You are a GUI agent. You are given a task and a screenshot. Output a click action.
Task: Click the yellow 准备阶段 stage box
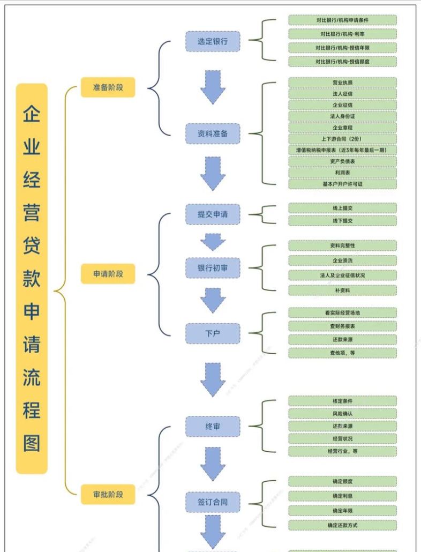[x=108, y=87]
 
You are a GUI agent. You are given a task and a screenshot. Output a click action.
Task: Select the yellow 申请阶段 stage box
[x=108, y=274]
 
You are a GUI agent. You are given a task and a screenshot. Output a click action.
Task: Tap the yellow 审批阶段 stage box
[x=108, y=494]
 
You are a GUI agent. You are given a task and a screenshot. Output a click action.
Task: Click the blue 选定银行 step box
[x=213, y=41]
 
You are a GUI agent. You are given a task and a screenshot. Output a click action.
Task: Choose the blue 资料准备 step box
[x=213, y=133]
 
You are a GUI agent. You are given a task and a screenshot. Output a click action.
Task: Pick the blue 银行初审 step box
[x=213, y=267]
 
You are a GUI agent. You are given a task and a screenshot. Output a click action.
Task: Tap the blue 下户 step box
[x=213, y=333]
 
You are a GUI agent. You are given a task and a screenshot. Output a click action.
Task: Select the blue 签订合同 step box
[x=213, y=502]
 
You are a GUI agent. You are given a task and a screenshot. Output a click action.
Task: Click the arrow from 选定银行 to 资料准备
[x=213, y=87]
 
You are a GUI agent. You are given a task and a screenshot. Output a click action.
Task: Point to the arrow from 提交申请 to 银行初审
[x=213, y=242]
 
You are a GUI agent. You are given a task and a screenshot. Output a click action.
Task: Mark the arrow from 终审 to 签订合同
[x=213, y=464]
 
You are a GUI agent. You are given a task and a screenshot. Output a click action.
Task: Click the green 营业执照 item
[x=342, y=83]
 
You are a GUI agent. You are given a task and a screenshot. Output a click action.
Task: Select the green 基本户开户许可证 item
[x=342, y=184]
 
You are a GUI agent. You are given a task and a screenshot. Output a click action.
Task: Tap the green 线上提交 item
[x=342, y=208]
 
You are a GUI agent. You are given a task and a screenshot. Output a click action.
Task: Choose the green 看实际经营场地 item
[x=342, y=312]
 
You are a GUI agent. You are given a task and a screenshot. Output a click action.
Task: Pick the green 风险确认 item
[x=342, y=414]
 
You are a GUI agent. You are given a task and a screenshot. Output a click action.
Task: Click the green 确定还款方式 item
[x=342, y=525]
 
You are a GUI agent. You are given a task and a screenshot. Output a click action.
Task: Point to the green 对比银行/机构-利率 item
[x=342, y=34]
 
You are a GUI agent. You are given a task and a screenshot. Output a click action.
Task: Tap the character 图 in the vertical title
[x=32, y=443]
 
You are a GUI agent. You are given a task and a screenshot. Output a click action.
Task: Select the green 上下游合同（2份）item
[x=342, y=139]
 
